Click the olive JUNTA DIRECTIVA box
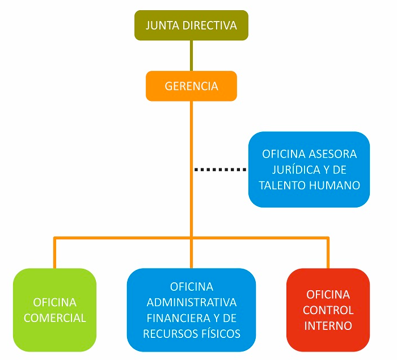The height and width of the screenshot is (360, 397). [191, 26]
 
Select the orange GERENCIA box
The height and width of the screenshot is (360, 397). [191, 86]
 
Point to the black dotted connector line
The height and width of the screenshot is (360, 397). [220, 170]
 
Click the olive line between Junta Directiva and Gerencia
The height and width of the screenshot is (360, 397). [191, 56]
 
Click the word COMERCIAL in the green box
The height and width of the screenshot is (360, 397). [55, 317]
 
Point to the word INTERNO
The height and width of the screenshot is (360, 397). [328, 326]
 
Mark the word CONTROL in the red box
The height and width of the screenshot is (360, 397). [328, 310]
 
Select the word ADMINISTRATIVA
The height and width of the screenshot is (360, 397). [192, 302]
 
